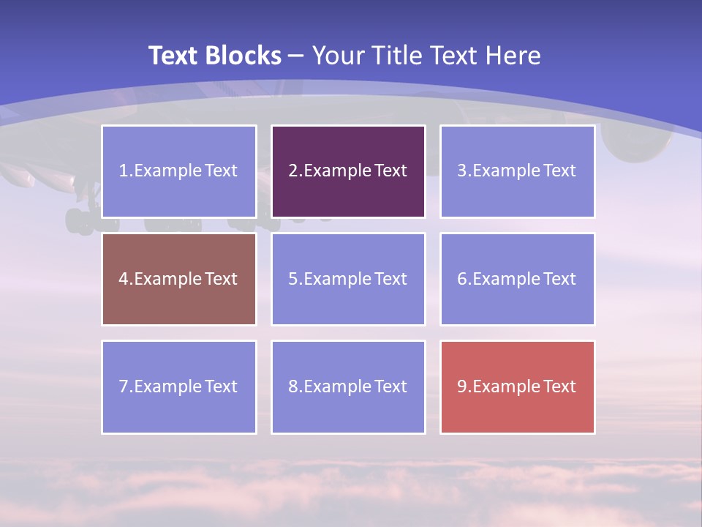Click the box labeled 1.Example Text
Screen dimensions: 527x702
tap(179, 171)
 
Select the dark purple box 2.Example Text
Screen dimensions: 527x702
tap(348, 171)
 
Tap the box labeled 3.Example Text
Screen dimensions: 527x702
tap(517, 171)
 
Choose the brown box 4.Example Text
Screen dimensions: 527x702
tap(179, 279)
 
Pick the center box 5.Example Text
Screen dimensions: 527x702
tap(348, 279)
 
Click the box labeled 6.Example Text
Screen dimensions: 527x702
tap(517, 279)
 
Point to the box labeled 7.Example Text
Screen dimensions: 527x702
tap(179, 386)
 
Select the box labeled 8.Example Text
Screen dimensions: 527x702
tap(348, 386)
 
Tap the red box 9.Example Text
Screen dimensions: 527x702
tap(517, 386)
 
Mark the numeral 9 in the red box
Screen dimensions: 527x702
tap(462, 386)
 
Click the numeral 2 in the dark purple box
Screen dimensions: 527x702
tap(293, 171)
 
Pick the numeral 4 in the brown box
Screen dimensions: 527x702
tap(124, 279)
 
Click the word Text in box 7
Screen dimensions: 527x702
tap(221, 386)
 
